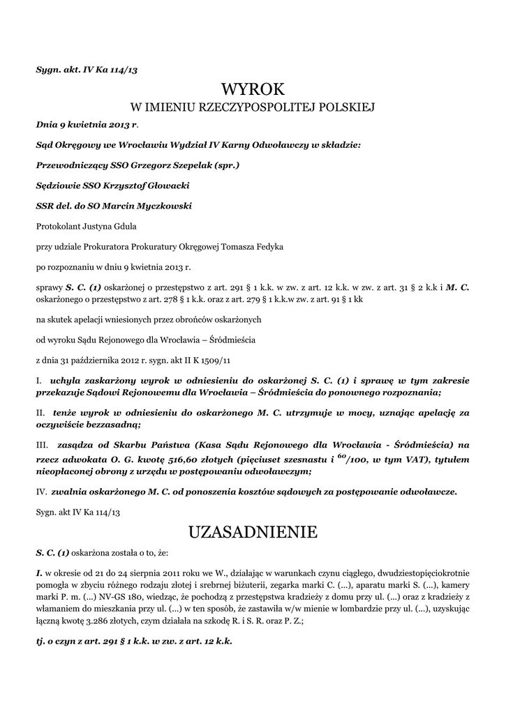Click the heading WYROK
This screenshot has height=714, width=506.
pyautogui.click(x=253, y=89)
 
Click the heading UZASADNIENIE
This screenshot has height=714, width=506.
pyautogui.click(x=253, y=533)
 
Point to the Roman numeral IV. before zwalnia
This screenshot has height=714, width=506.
pyautogui.click(x=41, y=492)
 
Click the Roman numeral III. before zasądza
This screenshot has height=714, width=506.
pyautogui.click(x=42, y=444)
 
